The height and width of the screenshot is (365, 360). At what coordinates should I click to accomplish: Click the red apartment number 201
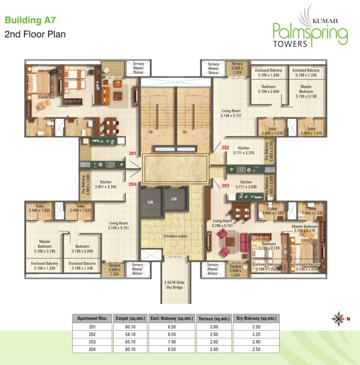pyautogui.click(x=132, y=153)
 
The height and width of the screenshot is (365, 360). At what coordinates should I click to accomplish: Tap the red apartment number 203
pyautogui.click(x=225, y=185)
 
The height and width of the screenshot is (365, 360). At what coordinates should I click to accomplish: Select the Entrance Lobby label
pyautogui.click(x=177, y=236)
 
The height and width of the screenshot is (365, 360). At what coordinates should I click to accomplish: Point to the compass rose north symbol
pyautogui.click(x=340, y=318)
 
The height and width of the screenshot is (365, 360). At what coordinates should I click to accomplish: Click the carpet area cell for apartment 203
pyautogui.click(x=130, y=342)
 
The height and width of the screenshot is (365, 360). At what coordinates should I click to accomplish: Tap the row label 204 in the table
pyautogui.click(x=92, y=349)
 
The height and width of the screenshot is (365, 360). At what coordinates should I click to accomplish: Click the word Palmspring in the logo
pyautogui.click(x=309, y=33)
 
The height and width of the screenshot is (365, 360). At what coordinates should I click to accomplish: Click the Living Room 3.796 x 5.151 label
pyautogui.click(x=222, y=223)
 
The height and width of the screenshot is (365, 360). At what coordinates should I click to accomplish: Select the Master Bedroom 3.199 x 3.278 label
pyautogui.click(x=304, y=229)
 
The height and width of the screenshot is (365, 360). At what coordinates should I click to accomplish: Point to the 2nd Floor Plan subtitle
pyautogui.click(x=35, y=34)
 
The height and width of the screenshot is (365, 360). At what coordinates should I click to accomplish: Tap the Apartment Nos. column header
pyautogui.click(x=92, y=319)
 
